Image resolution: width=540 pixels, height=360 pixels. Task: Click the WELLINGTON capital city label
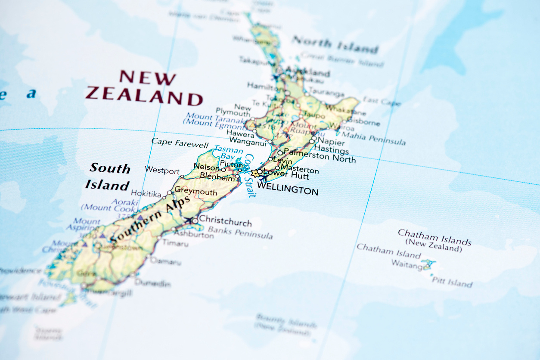[287, 190]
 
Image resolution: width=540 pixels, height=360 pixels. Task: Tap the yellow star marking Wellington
[255, 174]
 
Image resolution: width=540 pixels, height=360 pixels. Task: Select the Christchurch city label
[225, 220]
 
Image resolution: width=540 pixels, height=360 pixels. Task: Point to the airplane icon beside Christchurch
[188, 220]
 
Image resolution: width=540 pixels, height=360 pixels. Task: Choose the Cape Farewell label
[180, 143]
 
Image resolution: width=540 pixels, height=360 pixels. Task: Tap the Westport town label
[162, 170]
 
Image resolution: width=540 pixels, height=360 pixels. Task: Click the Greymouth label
[196, 191]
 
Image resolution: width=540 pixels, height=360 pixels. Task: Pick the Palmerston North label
[320, 155]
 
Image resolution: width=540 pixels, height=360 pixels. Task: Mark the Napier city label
[331, 142]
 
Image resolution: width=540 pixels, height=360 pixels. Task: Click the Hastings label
[332, 150]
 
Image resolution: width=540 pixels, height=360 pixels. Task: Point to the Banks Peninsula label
[240, 233]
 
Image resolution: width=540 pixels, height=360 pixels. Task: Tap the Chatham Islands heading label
[434, 237]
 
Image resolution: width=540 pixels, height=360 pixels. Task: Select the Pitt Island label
[452, 283]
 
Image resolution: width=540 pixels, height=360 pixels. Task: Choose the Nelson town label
[206, 167]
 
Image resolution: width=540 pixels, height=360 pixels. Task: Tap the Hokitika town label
[146, 194]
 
